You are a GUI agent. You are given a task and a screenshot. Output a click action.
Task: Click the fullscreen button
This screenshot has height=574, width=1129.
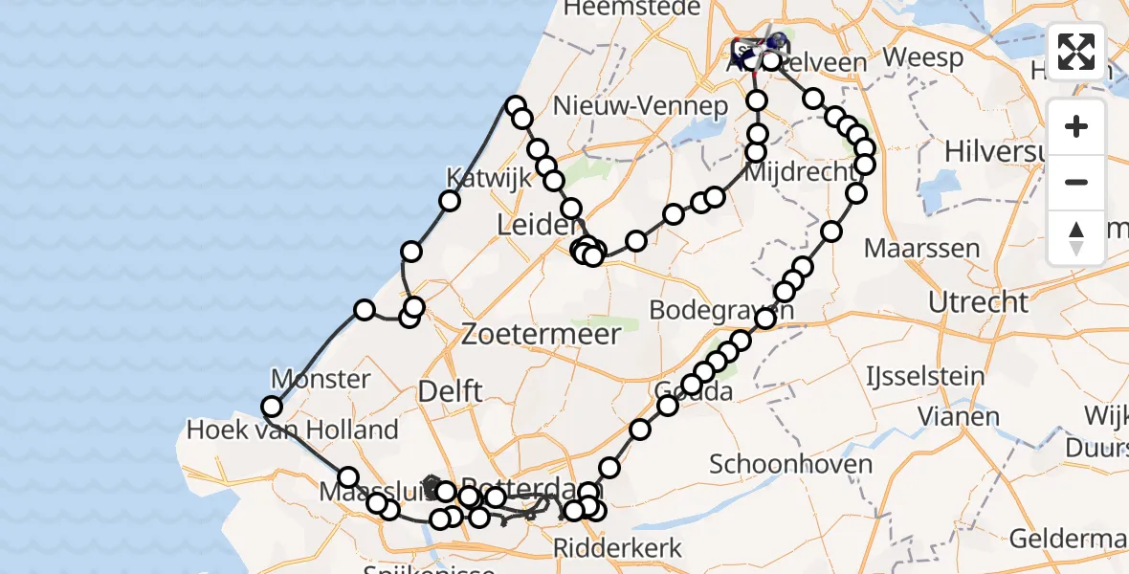[1076, 51]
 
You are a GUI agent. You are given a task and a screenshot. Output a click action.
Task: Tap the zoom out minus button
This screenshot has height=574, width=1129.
[1076, 182]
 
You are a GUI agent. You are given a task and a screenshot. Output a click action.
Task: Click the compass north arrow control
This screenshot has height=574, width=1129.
[1076, 236]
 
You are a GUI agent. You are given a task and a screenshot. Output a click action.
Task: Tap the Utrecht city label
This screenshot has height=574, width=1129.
[978, 303]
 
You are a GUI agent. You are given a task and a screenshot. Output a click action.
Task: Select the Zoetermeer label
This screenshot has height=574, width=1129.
[541, 335]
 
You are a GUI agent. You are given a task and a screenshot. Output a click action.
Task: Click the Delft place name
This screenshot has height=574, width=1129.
[450, 390]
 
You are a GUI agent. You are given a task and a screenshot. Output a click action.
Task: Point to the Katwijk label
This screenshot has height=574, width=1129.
[476, 178]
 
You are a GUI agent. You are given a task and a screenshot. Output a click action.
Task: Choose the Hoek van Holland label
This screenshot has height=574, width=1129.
[292, 430]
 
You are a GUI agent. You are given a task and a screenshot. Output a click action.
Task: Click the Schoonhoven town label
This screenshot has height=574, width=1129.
[790, 465]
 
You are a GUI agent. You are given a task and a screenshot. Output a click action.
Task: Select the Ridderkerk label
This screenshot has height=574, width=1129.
[618, 548]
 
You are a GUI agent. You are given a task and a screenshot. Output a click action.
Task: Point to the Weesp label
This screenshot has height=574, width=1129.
[922, 57]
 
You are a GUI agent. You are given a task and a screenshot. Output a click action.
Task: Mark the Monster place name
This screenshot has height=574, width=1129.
[321, 379]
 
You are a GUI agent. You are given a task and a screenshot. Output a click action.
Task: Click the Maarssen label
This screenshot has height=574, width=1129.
[921, 249]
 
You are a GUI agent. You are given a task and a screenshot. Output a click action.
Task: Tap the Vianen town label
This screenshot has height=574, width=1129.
[959, 416]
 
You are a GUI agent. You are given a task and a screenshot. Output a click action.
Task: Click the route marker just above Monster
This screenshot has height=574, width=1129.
[365, 310]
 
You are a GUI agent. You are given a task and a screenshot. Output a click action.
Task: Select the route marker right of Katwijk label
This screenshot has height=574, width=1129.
[450, 201]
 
